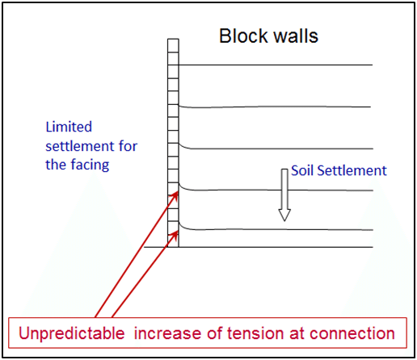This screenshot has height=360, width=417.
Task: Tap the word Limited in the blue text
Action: click(x=69, y=127)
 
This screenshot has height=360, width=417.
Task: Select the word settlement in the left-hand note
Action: click(x=80, y=146)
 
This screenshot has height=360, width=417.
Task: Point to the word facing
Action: click(x=90, y=165)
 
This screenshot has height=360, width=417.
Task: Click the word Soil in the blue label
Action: click(x=302, y=170)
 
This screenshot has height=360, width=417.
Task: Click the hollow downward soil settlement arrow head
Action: click(x=284, y=215)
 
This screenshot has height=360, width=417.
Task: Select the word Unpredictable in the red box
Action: click(x=72, y=333)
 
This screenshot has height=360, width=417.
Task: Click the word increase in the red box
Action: click(x=168, y=333)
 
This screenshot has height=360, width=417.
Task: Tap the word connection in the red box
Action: click(x=352, y=333)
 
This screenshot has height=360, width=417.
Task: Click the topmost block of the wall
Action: click(x=173, y=46)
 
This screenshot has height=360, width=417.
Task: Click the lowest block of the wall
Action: click(x=173, y=241)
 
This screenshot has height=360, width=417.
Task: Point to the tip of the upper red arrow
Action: click(x=178, y=191)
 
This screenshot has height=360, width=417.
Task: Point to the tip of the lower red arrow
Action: click(x=178, y=231)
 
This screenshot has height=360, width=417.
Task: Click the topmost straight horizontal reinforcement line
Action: click(x=276, y=65)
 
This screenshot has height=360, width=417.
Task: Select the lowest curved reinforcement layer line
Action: click(x=276, y=229)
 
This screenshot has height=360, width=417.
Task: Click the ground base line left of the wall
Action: click(x=156, y=247)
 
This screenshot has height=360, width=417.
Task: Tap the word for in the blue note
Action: click(x=128, y=146)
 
